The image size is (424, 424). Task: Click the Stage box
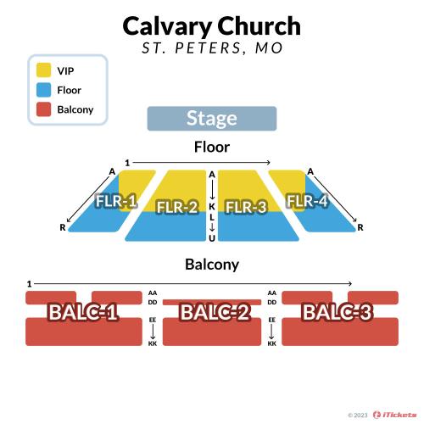[212, 119]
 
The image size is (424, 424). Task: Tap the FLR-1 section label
[116, 201]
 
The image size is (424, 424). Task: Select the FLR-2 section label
[177, 207]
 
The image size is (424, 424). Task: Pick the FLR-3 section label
[246, 207]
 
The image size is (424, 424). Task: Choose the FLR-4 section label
[308, 201]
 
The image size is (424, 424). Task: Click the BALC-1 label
[83, 312]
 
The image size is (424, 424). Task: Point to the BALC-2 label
[215, 312]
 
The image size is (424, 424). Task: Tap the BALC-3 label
[338, 312]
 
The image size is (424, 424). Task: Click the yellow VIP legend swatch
[43, 70]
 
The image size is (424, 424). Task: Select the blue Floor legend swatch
[43, 90]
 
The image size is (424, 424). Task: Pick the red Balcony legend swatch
[43, 109]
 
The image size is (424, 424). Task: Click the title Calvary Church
[212, 26]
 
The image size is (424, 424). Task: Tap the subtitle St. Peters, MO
[212, 47]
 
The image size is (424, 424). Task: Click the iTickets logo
[394, 415]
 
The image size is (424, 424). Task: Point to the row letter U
[212, 238]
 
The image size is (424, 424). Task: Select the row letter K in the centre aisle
[212, 206]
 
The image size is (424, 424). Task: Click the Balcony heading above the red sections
[212, 265]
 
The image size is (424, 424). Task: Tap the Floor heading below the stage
[212, 147]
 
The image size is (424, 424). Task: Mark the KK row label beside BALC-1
[153, 343]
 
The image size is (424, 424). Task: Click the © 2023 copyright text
[358, 416]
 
